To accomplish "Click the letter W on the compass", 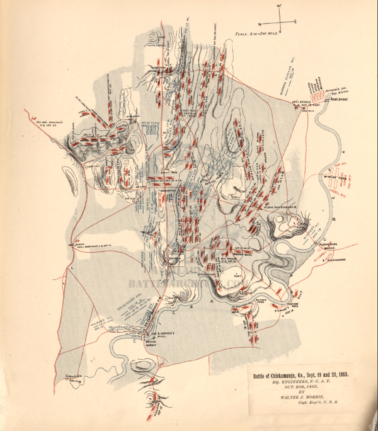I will [x=279, y=6].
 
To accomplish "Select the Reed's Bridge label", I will [x=321, y=99].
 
